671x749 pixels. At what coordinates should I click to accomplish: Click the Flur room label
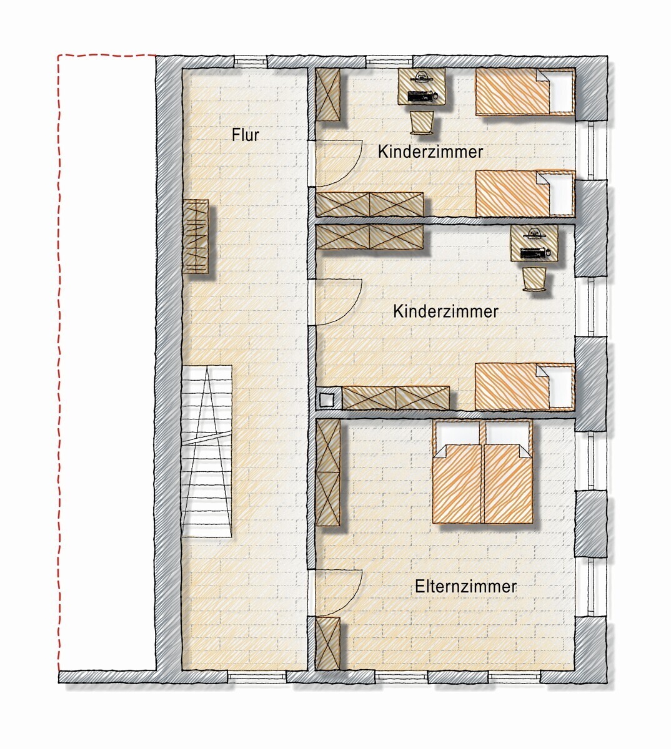(x=246, y=135)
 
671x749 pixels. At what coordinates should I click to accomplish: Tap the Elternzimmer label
(x=465, y=586)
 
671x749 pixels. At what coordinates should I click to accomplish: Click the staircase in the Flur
(x=207, y=451)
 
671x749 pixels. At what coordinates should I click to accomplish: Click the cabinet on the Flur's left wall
(x=195, y=237)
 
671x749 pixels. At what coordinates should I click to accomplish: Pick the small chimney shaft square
(x=326, y=399)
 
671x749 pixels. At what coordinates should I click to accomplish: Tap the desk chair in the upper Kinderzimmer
(x=422, y=122)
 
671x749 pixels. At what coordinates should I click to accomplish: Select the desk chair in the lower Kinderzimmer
(x=534, y=279)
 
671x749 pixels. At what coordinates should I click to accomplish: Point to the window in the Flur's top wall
(x=250, y=61)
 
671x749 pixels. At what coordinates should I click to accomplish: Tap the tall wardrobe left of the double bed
(x=327, y=472)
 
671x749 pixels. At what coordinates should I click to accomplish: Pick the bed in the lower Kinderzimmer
(x=525, y=387)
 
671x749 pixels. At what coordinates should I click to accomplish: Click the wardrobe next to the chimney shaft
(x=395, y=398)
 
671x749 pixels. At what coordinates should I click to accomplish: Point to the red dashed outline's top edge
(x=107, y=56)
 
